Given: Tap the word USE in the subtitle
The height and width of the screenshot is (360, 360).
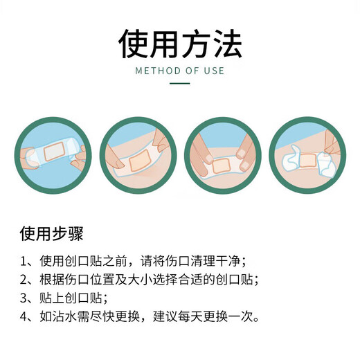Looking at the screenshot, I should click(214, 71).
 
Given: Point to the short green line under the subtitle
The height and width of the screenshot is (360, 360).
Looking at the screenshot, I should click(180, 84).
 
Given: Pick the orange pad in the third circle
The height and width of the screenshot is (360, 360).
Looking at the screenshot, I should click(222, 165).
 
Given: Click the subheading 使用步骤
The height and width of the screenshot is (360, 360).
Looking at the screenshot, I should click(52, 232).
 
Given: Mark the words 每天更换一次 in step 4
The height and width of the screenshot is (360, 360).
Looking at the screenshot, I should click(224, 318).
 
